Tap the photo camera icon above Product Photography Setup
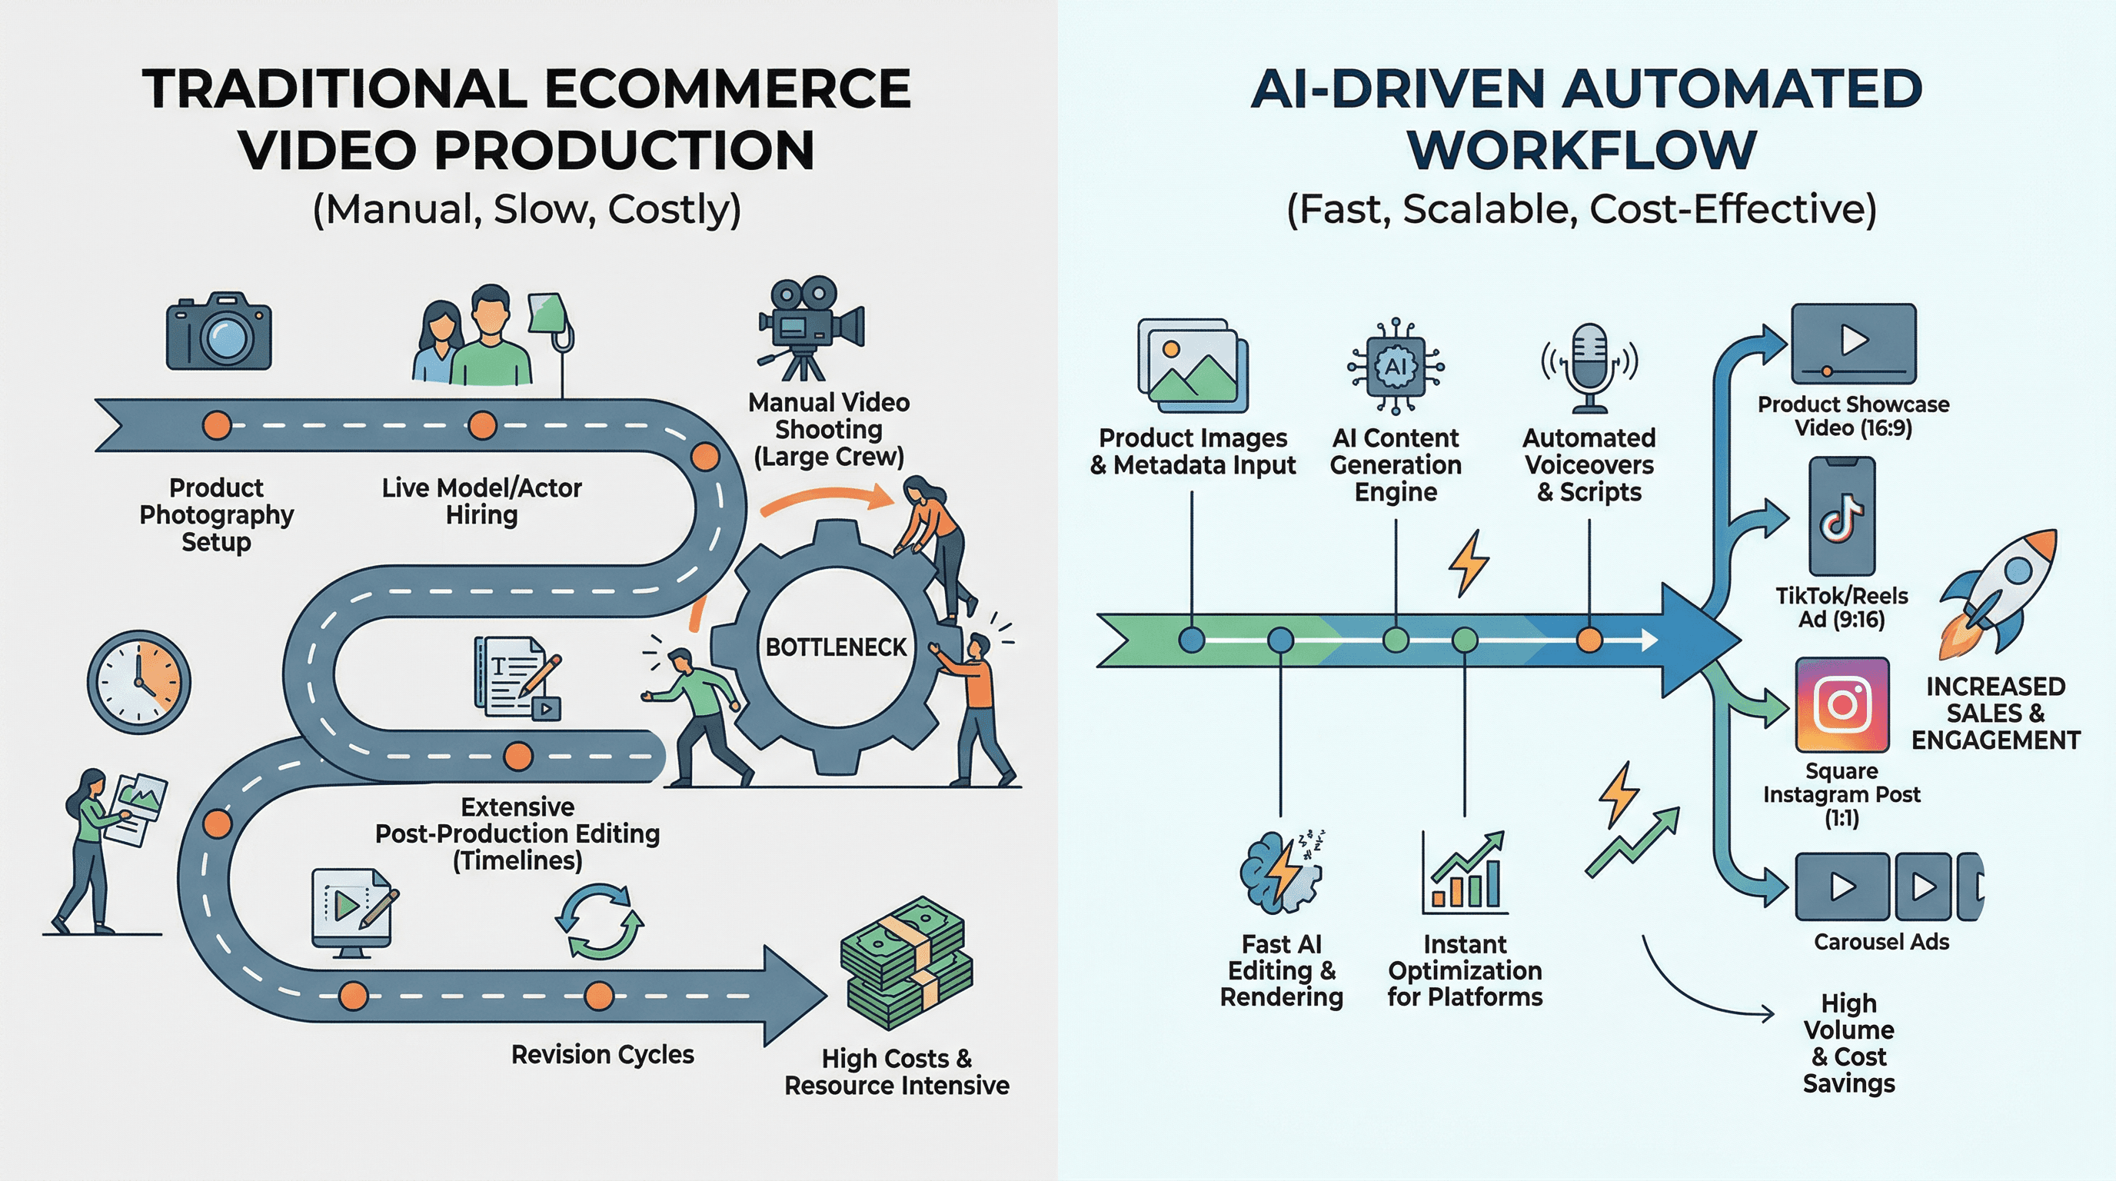point(218,332)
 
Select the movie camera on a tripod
point(810,328)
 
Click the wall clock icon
point(139,682)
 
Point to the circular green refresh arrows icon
point(600,921)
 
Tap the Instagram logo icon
point(1842,704)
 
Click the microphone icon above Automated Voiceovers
point(1589,366)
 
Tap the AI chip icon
point(1396,366)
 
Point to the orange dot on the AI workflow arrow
point(1589,640)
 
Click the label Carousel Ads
point(1881,942)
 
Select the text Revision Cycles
point(602,1055)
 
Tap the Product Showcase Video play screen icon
point(1853,342)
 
